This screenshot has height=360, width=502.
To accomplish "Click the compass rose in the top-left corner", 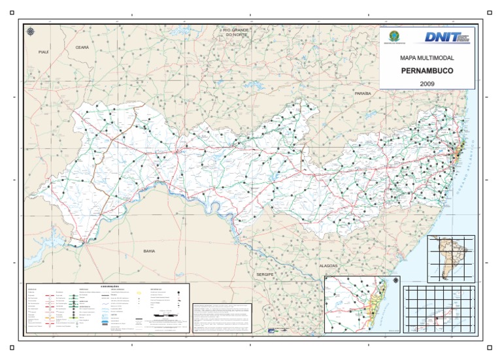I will point(30,31).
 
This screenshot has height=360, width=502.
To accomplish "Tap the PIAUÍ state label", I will point(44,52).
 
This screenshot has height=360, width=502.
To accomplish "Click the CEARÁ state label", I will point(82,48).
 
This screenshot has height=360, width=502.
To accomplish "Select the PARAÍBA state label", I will point(363,94).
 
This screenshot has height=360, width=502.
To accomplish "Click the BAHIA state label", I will point(149,251).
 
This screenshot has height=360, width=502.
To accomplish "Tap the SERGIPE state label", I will point(265,275).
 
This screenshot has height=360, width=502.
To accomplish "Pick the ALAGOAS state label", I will point(327,267).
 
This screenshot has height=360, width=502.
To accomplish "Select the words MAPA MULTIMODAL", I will point(426,59).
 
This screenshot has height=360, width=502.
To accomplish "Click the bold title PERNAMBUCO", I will point(427,71).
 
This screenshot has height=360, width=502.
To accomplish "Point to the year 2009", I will point(427,84).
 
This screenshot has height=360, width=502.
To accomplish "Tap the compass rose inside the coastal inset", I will point(395,281).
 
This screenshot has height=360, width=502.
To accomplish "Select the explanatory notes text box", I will point(254,316).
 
